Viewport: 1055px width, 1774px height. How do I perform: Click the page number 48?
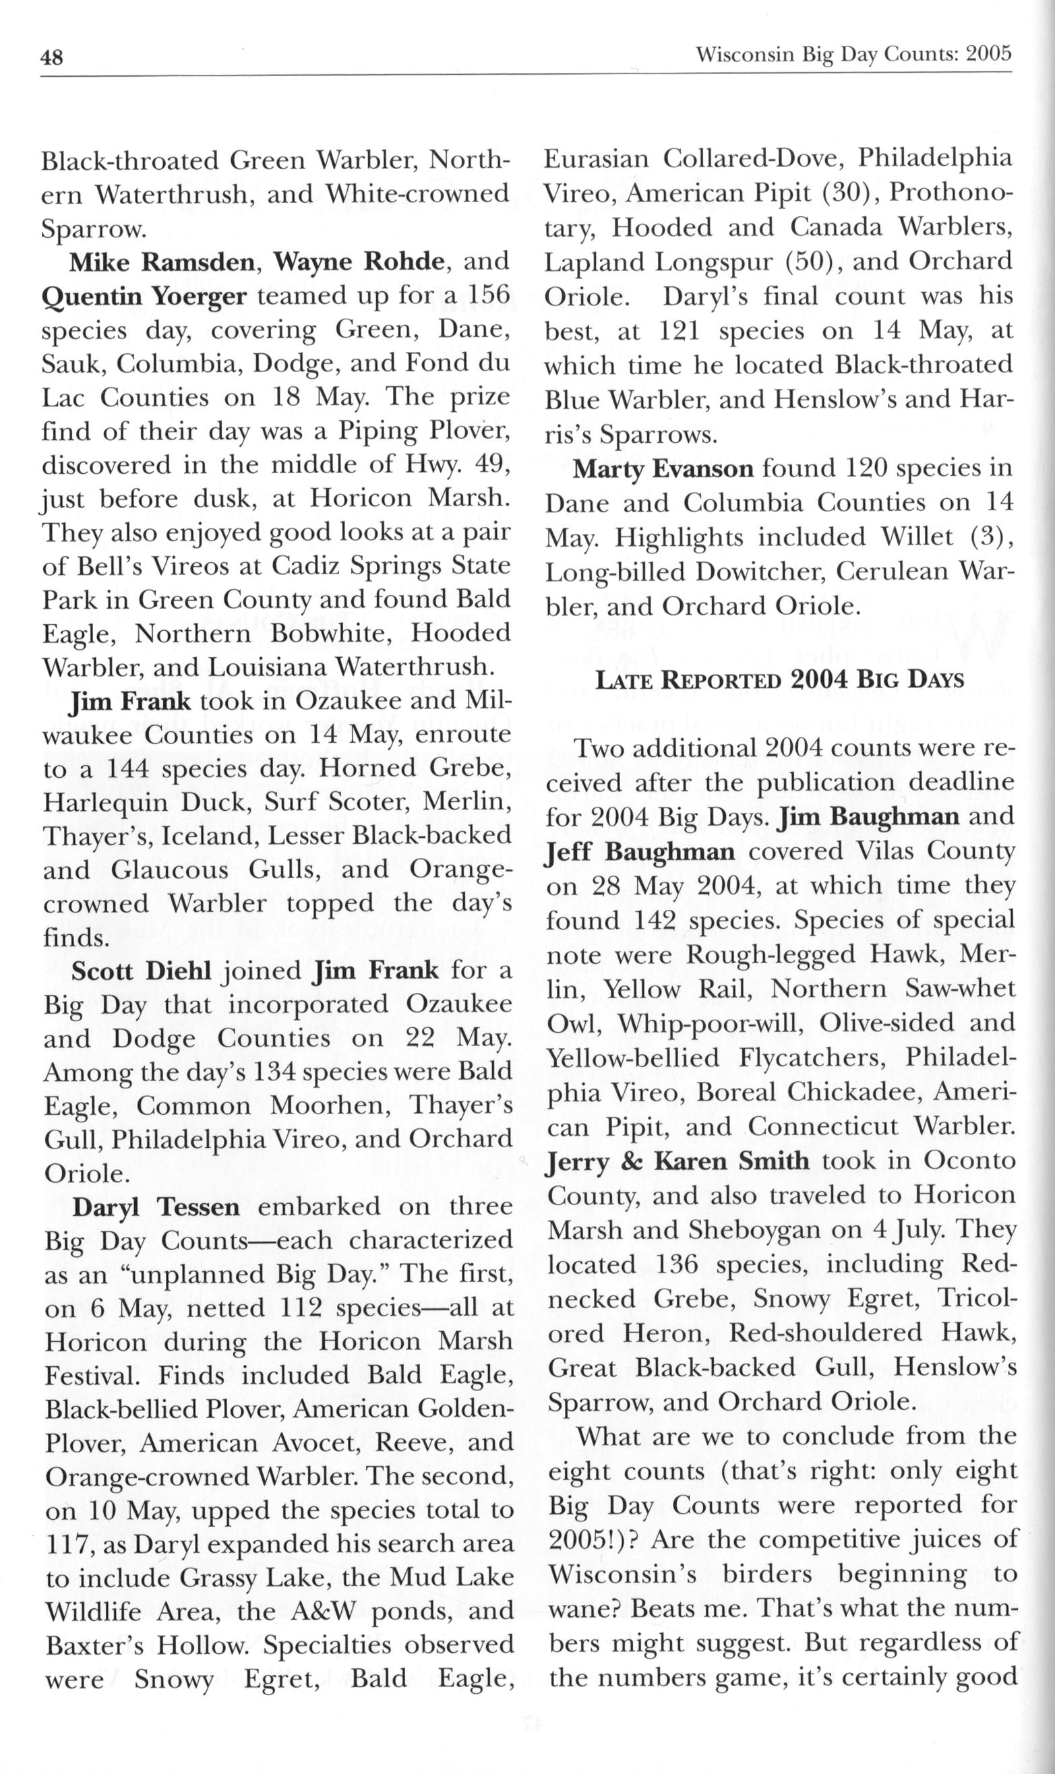click(x=52, y=57)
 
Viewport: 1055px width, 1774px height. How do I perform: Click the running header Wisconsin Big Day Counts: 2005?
click(x=853, y=55)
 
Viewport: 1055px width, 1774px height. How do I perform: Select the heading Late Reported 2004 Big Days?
click(x=779, y=680)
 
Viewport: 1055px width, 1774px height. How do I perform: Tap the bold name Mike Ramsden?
click(x=162, y=262)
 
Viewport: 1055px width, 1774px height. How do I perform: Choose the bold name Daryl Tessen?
click(x=156, y=1208)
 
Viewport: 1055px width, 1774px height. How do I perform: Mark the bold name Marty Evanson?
click(x=663, y=469)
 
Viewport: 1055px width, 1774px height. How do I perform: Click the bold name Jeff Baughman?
click(x=640, y=852)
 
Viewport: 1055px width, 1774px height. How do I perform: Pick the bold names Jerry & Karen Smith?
click(x=677, y=1161)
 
